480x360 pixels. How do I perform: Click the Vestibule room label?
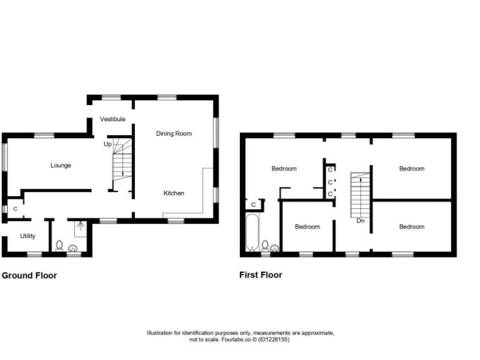pos(112,119)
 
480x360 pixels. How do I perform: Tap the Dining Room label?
pos(174,133)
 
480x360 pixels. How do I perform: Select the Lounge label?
pos(61,166)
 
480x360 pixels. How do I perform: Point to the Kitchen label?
pos(174,193)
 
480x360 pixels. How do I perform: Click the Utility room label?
pos(27,236)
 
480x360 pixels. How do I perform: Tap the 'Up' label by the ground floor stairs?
pos(107,144)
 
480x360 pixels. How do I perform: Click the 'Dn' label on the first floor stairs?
pos(361,221)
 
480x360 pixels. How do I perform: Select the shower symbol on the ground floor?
pos(80,228)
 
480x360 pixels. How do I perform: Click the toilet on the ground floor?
pos(59,245)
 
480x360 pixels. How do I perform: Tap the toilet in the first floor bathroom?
pos(265,245)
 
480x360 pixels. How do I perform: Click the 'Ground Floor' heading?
pos(29,275)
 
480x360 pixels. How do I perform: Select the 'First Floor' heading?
pos(261,275)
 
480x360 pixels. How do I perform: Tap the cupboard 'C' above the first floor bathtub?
pos(253,204)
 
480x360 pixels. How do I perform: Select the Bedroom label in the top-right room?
pos(412,169)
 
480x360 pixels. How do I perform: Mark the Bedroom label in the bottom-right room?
pos(412,227)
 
